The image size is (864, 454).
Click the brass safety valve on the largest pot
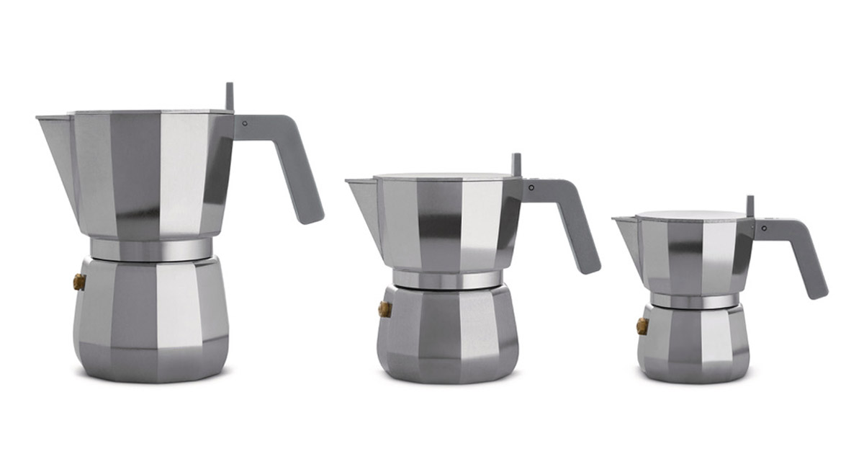click(x=79, y=282)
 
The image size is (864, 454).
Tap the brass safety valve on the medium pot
click(x=384, y=309)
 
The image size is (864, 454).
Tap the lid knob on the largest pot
click(x=229, y=96)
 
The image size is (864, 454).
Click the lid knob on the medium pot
click(x=516, y=164)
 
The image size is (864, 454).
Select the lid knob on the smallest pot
click(x=750, y=205)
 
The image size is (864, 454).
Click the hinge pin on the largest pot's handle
click(x=245, y=123)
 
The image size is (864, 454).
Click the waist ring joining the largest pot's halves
click(x=151, y=249)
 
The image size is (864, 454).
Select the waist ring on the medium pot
click(x=447, y=280)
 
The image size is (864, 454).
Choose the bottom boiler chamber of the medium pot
click(x=447, y=335)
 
